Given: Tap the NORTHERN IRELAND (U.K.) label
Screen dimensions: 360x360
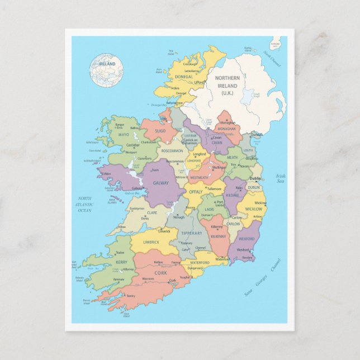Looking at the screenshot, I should pyautogui.click(x=226, y=86).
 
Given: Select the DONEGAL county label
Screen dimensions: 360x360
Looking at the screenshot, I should pyautogui.click(x=184, y=77).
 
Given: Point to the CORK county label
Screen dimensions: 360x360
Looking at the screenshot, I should pyautogui.click(x=161, y=272).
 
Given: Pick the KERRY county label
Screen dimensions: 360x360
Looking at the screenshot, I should pyautogui.click(x=121, y=262).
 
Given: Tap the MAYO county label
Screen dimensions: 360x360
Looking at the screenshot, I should pyautogui.click(x=124, y=135).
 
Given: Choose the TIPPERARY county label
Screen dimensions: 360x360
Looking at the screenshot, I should pyautogui.click(x=192, y=233).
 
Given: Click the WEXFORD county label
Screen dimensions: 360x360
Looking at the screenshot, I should pyautogui.click(x=247, y=239).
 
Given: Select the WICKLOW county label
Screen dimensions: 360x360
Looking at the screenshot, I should pyautogui.click(x=254, y=209).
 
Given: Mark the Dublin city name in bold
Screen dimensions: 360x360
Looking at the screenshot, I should pyautogui.click(x=255, y=178).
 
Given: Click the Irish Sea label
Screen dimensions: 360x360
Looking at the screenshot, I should pyautogui.click(x=281, y=179).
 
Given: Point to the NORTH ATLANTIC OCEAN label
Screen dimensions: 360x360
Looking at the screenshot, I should pyautogui.click(x=84, y=204).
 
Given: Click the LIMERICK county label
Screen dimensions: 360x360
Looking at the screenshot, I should pyautogui.click(x=151, y=242).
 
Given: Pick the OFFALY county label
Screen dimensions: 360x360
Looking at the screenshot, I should pyautogui.click(x=196, y=192).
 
